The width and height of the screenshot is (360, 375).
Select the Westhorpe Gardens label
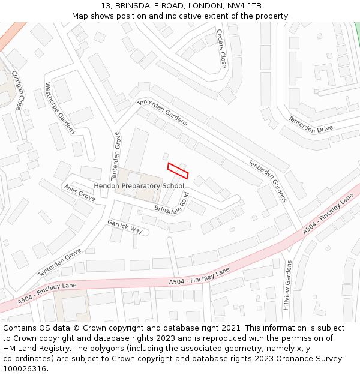pyautogui.click(x=59, y=107)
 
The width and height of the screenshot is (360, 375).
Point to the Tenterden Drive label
pyautogui.click(x=310, y=124)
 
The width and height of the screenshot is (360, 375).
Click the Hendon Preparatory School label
pyautogui.click(x=139, y=186)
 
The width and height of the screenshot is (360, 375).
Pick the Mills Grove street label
pyautogui.click(x=79, y=193)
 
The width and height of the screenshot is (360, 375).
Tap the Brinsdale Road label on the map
pyautogui.click(x=172, y=203)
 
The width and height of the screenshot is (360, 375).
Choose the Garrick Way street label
pyautogui.click(x=125, y=226)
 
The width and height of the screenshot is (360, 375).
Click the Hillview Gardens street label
pyautogui.click(x=287, y=285)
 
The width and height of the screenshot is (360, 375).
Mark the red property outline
pyautogui.click(x=178, y=170)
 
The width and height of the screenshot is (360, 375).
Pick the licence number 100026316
pyautogui.click(x=25, y=369)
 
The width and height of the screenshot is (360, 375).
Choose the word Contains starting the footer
pyautogui.click(x=20, y=328)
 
